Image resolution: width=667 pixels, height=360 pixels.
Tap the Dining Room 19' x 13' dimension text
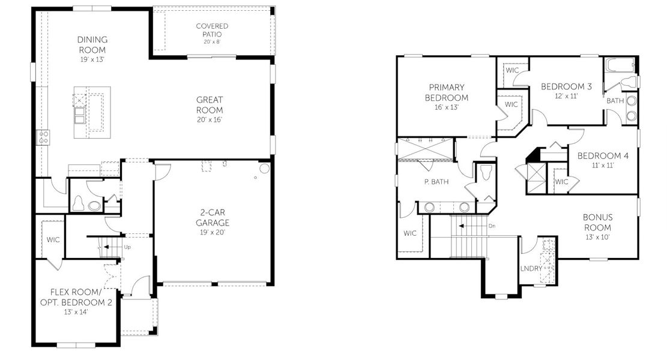point(92,61)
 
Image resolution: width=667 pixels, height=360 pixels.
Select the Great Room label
point(210,105)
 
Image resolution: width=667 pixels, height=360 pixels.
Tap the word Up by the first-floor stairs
point(127,247)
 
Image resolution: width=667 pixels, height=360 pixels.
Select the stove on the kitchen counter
point(43,137)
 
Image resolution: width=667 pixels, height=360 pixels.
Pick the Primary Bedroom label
point(446,92)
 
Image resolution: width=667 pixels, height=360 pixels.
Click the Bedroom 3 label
point(566,86)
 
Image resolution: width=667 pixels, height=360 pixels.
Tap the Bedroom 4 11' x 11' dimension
point(603,165)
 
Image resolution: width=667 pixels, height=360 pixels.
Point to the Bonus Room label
point(597,223)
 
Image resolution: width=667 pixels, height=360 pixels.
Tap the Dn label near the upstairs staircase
point(492,226)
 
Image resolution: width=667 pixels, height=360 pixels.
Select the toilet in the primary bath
point(486,173)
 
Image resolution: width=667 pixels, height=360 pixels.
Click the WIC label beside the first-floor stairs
point(52,239)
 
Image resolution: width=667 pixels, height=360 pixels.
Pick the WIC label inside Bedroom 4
point(561,181)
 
